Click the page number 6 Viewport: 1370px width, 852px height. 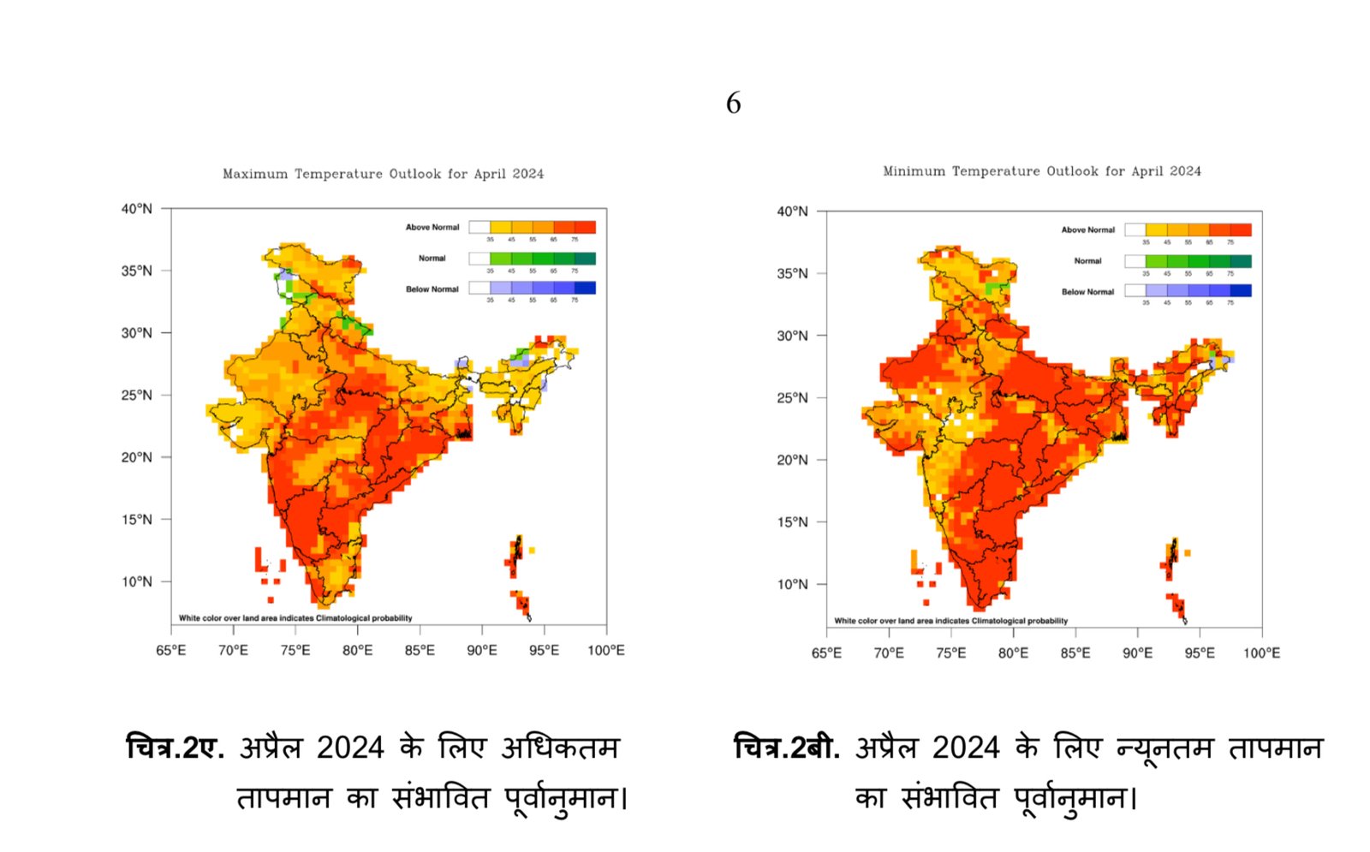click(x=733, y=104)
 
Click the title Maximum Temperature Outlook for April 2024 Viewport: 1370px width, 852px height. click(x=383, y=174)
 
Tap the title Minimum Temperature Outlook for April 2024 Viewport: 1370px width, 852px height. click(x=1041, y=171)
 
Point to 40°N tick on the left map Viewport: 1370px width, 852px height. click(x=136, y=208)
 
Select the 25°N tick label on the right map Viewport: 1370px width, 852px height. click(x=792, y=398)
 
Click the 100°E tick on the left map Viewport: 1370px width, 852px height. click(x=605, y=651)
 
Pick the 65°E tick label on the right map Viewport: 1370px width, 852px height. click(x=826, y=653)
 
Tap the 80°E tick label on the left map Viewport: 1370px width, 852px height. click(x=357, y=651)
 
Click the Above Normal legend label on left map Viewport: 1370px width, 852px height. click(x=432, y=228)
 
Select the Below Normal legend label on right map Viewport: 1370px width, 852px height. click(x=1087, y=292)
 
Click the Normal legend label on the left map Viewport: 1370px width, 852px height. click(x=432, y=259)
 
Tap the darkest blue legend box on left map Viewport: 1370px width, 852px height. click(x=585, y=289)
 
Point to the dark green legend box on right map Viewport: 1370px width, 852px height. click(x=1241, y=261)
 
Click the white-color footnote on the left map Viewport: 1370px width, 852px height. click(x=295, y=618)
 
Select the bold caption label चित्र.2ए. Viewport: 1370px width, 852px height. click(x=175, y=748)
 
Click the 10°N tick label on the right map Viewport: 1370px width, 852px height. click(x=792, y=585)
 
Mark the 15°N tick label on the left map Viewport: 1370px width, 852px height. click(x=136, y=520)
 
